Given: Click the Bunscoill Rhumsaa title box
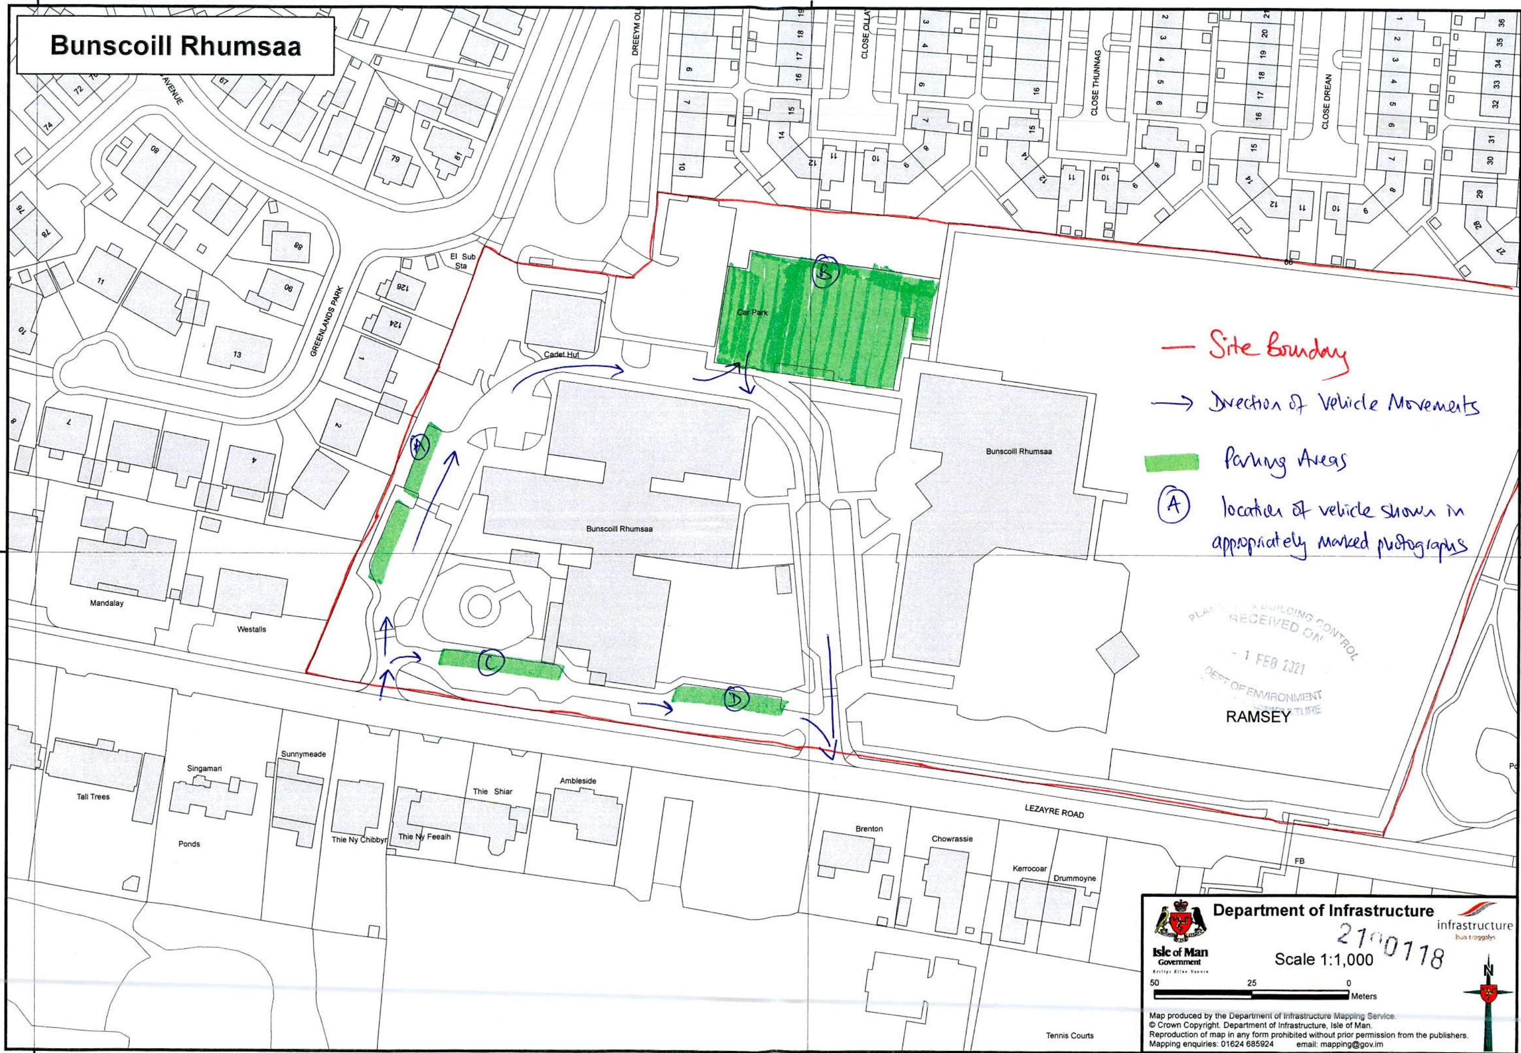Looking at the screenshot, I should [175, 45].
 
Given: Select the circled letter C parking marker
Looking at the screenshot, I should [491, 663].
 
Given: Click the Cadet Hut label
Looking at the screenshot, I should [561, 354].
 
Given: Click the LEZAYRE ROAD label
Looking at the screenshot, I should [1054, 812].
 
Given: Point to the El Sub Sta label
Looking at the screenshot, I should [457, 261].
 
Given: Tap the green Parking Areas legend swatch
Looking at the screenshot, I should [1170, 463].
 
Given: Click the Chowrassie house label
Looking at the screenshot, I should [952, 839].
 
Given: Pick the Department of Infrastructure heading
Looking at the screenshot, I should [1323, 910].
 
